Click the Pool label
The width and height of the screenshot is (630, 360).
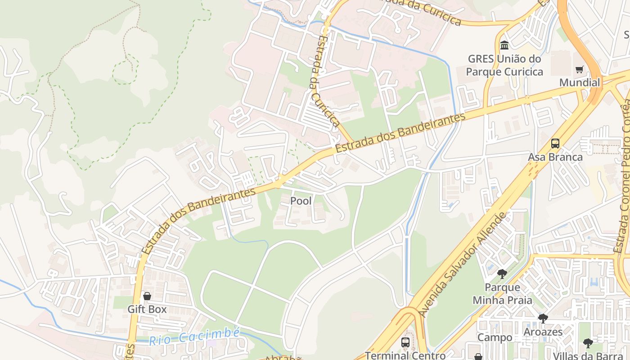coord(301,201)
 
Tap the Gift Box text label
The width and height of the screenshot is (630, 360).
coord(147,309)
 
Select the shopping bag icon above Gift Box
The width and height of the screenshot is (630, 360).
coord(147,296)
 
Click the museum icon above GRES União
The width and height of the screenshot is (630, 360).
coord(504,45)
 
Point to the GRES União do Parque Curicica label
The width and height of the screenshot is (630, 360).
coord(504,65)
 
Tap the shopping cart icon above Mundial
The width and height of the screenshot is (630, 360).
coord(580,69)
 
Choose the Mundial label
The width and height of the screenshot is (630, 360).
coord(580,83)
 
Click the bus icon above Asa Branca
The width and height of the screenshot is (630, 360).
coord(555,144)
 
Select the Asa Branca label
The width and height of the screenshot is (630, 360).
coord(555,157)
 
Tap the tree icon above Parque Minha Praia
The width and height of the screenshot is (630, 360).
coord(502,274)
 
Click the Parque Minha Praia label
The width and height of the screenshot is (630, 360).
coord(502,293)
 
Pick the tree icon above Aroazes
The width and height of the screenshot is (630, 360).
coord(543,319)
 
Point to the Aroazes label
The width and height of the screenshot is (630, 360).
coord(543,332)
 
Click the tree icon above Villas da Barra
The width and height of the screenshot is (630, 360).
coord(588,343)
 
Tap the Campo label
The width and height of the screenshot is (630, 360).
coord(495,337)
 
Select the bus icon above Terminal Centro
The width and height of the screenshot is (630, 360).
coord(405,342)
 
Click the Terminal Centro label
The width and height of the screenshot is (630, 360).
coord(405,355)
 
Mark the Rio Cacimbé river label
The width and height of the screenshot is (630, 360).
coord(194,336)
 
